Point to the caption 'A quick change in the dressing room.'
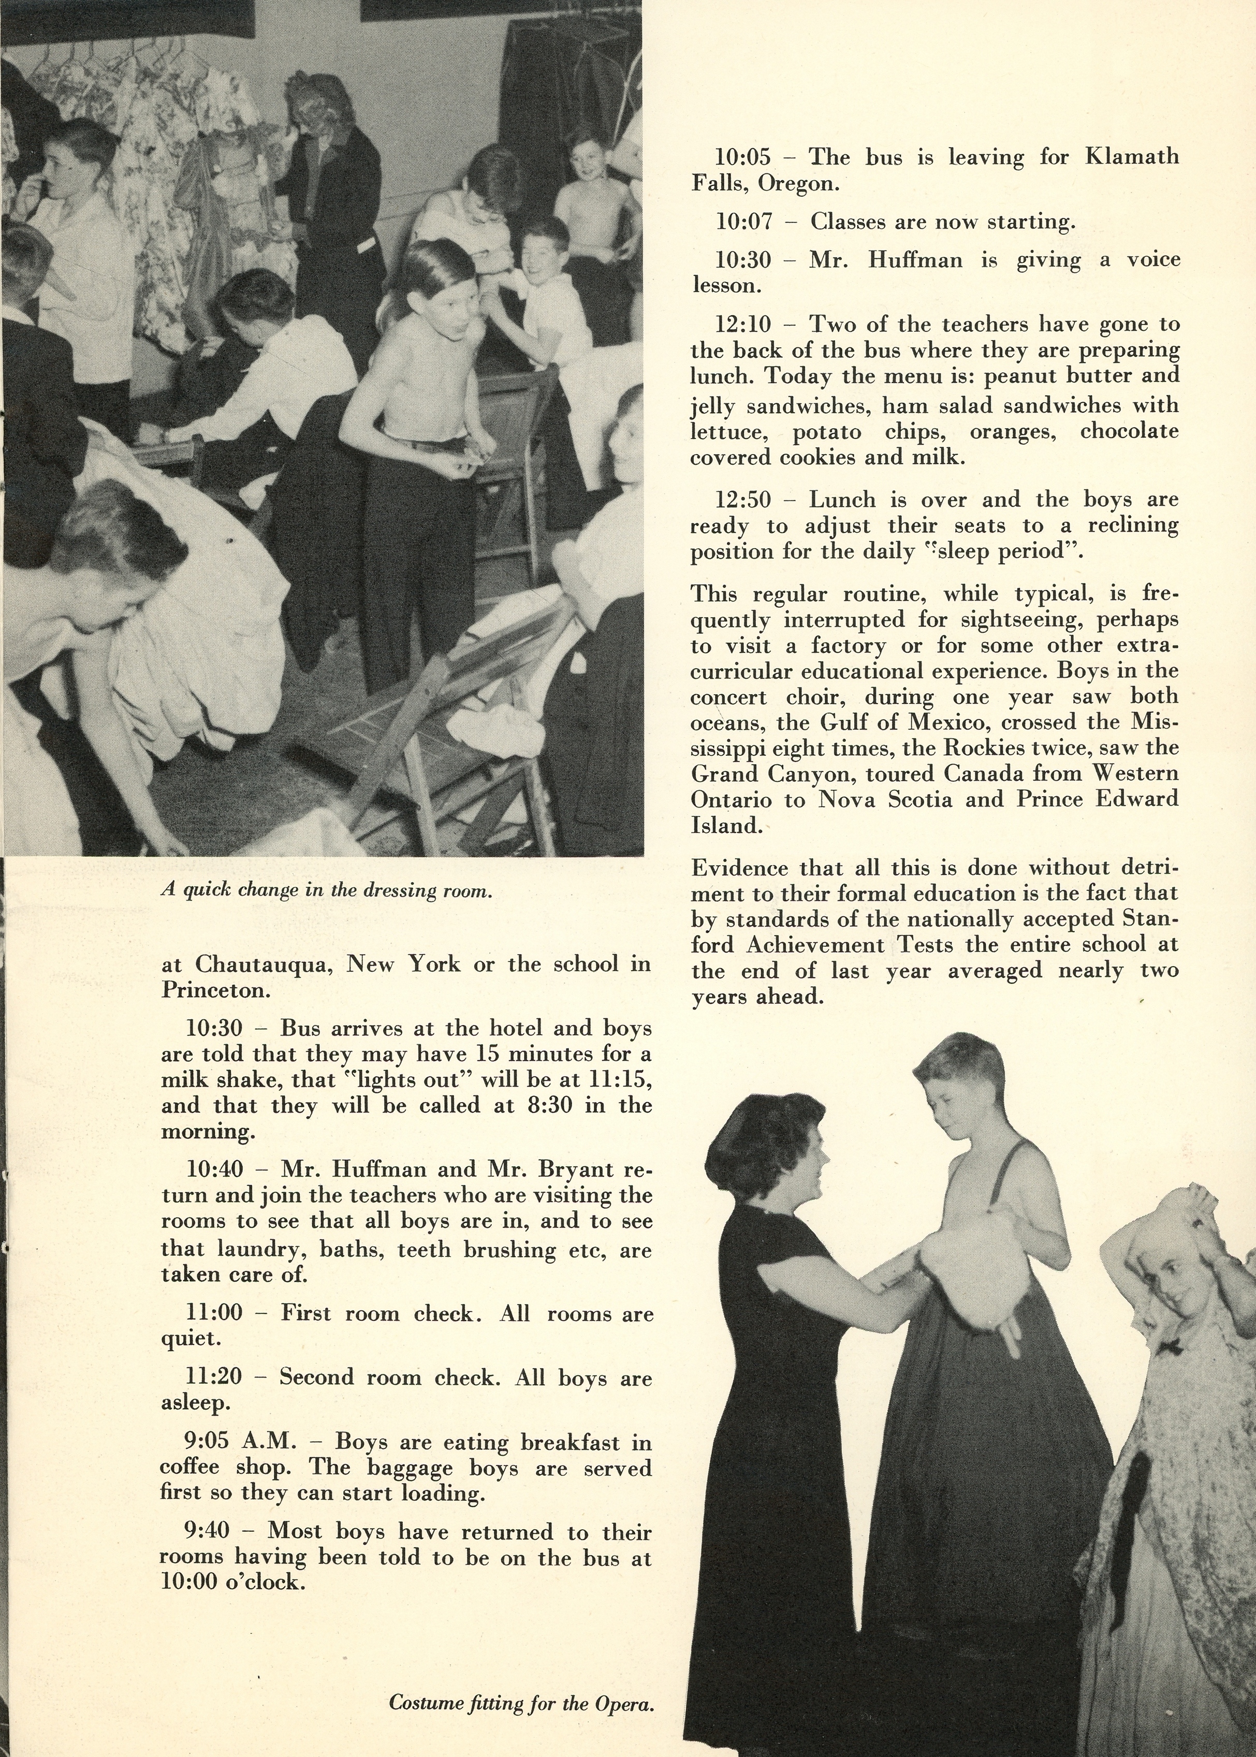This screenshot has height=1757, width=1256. pos(326,890)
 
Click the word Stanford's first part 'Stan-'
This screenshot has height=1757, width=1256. pos(1152,919)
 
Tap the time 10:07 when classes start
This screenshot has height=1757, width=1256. pos(743,223)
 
